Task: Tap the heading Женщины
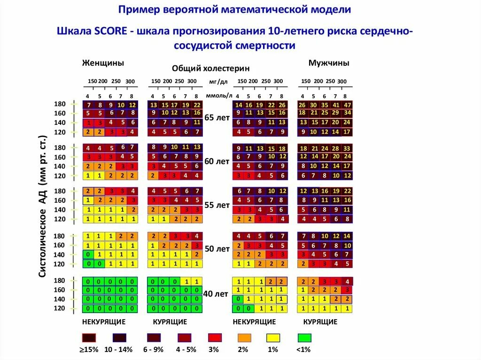click(103, 63)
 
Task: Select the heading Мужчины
click(329, 63)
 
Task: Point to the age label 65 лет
click(217, 118)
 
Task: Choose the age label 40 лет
click(217, 294)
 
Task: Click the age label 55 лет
click(217, 206)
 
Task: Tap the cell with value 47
click(348, 105)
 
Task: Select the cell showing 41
click(336, 105)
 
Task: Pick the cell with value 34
click(348, 113)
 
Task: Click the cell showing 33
click(348, 148)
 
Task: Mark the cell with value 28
click(336, 148)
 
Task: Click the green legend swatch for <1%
click(304, 338)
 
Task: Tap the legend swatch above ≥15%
click(89, 338)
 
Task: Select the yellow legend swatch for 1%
click(273, 338)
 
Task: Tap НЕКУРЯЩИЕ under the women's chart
click(104, 322)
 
